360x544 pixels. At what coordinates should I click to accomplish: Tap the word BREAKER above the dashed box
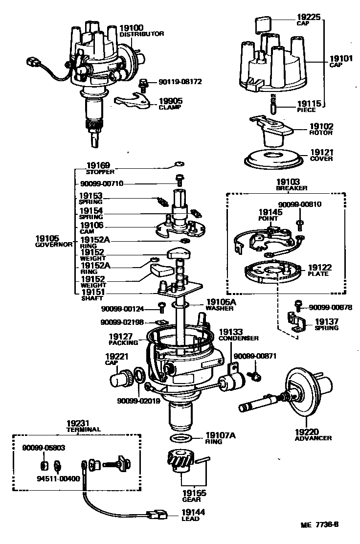coord(292,188)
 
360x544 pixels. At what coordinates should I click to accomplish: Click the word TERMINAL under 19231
coord(84,429)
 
